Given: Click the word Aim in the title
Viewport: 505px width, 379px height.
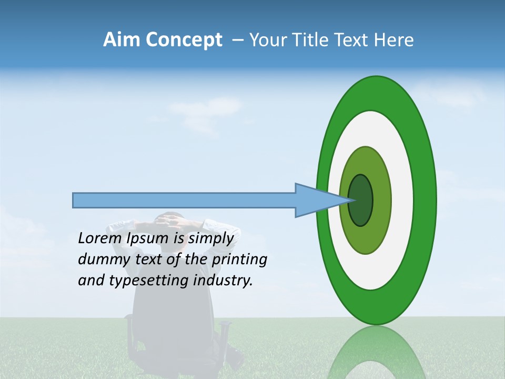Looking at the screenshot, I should click(122, 40).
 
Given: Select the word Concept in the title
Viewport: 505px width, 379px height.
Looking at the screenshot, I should click(184, 41).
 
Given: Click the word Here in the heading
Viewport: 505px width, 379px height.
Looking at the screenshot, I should click(395, 40).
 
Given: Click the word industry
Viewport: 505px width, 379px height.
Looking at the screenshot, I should click(223, 281).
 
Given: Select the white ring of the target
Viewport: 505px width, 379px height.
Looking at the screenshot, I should click(402, 201).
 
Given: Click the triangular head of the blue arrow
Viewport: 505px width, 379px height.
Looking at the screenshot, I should click(316, 201).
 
